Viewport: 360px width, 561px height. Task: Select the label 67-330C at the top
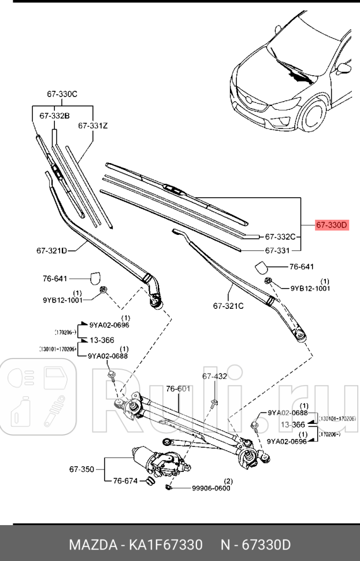coord(62,94)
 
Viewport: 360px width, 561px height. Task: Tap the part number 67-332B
coord(54,116)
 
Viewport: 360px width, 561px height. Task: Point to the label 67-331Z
coord(92,125)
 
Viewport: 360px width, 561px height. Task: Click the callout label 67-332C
coord(280,237)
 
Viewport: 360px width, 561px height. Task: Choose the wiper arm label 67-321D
coord(52,250)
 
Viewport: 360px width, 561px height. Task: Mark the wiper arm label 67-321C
coord(228,305)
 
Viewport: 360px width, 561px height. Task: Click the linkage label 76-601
coord(178,389)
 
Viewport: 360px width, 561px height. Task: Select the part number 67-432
coord(214,377)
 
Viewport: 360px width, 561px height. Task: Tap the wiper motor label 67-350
coord(81,469)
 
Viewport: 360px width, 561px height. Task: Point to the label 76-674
coord(125,480)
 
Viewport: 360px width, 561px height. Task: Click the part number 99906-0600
coord(211,488)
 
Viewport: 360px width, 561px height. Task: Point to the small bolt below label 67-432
coord(214,403)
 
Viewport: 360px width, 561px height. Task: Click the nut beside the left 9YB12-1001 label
coord(104,289)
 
